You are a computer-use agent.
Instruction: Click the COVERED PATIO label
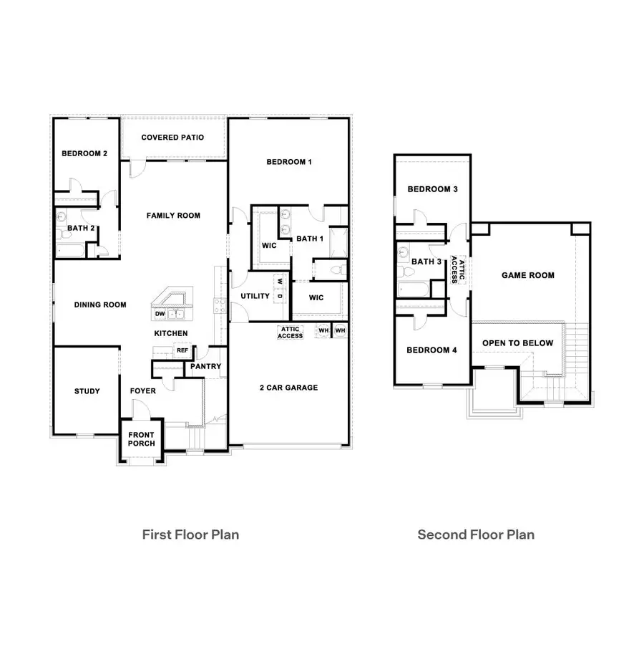(172, 137)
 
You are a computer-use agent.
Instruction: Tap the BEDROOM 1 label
(289, 162)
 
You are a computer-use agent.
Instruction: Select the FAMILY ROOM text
(173, 216)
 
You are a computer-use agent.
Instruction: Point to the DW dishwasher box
(160, 314)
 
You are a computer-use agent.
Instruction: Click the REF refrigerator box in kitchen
(182, 351)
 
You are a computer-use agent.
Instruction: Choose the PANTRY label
(206, 367)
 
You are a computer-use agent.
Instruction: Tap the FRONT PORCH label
(141, 438)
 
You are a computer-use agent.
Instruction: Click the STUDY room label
(87, 391)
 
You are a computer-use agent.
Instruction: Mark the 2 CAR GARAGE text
(288, 388)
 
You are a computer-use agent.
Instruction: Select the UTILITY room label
(255, 296)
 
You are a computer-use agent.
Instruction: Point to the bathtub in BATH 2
(70, 250)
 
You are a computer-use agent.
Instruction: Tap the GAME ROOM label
(528, 275)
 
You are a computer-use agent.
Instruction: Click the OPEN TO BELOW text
(517, 343)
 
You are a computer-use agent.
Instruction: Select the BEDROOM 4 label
(432, 350)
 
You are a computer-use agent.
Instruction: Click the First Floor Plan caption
(190, 534)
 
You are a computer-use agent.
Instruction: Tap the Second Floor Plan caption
(476, 534)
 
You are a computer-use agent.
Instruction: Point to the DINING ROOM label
(100, 304)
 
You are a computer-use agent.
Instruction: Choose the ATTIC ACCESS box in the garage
(291, 332)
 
